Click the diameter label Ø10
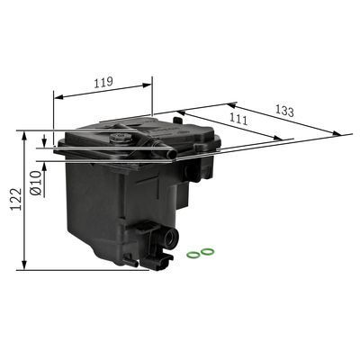[34, 184]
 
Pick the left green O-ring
[193, 254]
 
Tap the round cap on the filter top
[118, 137]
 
